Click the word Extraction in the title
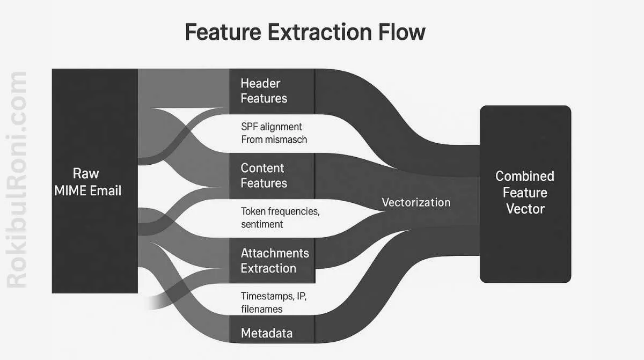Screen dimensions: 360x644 [x=317, y=32]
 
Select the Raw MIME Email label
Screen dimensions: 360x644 [x=87, y=182]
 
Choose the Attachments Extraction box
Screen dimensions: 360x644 [x=272, y=260]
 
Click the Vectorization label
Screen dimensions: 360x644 [x=416, y=202]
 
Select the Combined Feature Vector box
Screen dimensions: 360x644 [x=525, y=193]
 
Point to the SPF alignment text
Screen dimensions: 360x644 [x=272, y=127]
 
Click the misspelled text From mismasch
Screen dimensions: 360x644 [x=274, y=139]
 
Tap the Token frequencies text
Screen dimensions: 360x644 [x=280, y=211]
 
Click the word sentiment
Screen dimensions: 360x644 [x=262, y=224]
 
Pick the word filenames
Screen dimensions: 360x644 [x=262, y=309]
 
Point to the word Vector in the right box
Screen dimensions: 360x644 [x=525, y=209]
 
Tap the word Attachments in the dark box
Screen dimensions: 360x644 [x=275, y=253]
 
